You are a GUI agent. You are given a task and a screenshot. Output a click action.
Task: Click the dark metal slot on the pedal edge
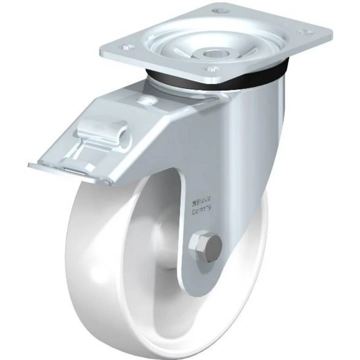74,171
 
